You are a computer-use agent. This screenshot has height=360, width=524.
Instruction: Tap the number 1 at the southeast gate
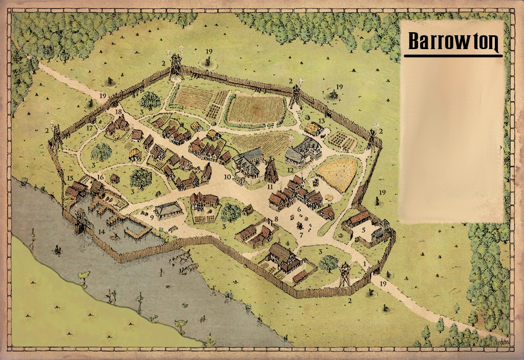pyautogui.click(x=364, y=263)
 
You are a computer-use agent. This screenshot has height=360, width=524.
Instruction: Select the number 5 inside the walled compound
pyautogui.click(x=364, y=230)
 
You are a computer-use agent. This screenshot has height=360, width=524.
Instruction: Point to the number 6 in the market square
pyautogui.click(x=299, y=209)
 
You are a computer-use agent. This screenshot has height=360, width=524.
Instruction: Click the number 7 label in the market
pyautogui.click(x=301, y=235)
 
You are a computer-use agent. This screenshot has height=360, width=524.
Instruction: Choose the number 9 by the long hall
pyautogui.click(x=152, y=217)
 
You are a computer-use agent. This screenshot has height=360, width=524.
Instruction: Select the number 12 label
pyautogui.click(x=290, y=170)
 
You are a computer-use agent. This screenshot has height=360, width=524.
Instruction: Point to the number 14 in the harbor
pyautogui.click(x=101, y=232)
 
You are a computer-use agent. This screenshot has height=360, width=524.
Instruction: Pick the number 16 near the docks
pyautogui.click(x=101, y=177)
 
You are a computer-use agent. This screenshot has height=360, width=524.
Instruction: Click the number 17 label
pyautogui.click(x=90, y=128)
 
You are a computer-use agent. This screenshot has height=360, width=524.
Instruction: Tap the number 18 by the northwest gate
pyautogui.click(x=118, y=111)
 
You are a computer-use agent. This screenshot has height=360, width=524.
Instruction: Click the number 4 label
pyautogui.click(x=288, y=243)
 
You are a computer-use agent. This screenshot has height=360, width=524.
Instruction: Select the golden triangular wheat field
pyautogui.click(x=338, y=173)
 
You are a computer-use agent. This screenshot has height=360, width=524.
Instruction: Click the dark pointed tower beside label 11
pyautogui.click(x=271, y=171)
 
